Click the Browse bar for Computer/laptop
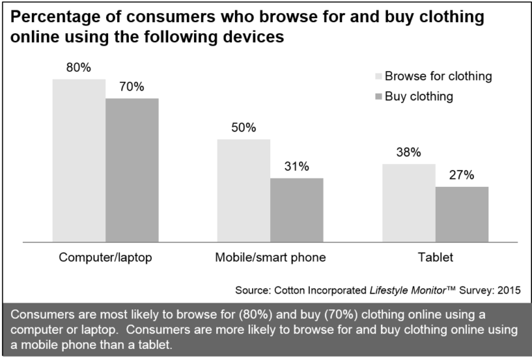click(x=78, y=161)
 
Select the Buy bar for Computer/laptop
click(x=132, y=170)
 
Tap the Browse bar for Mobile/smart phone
click(x=244, y=190)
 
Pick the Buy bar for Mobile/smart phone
click(x=296, y=210)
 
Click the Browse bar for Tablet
click(x=409, y=203)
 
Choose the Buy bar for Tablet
click(x=462, y=214)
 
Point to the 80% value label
click(x=78, y=68)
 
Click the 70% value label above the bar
click(x=132, y=87)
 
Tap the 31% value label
click(x=296, y=167)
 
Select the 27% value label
click(x=461, y=175)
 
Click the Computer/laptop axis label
click(x=105, y=258)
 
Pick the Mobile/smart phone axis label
click(x=270, y=258)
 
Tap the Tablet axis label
click(x=435, y=258)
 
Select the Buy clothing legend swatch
click(x=378, y=97)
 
